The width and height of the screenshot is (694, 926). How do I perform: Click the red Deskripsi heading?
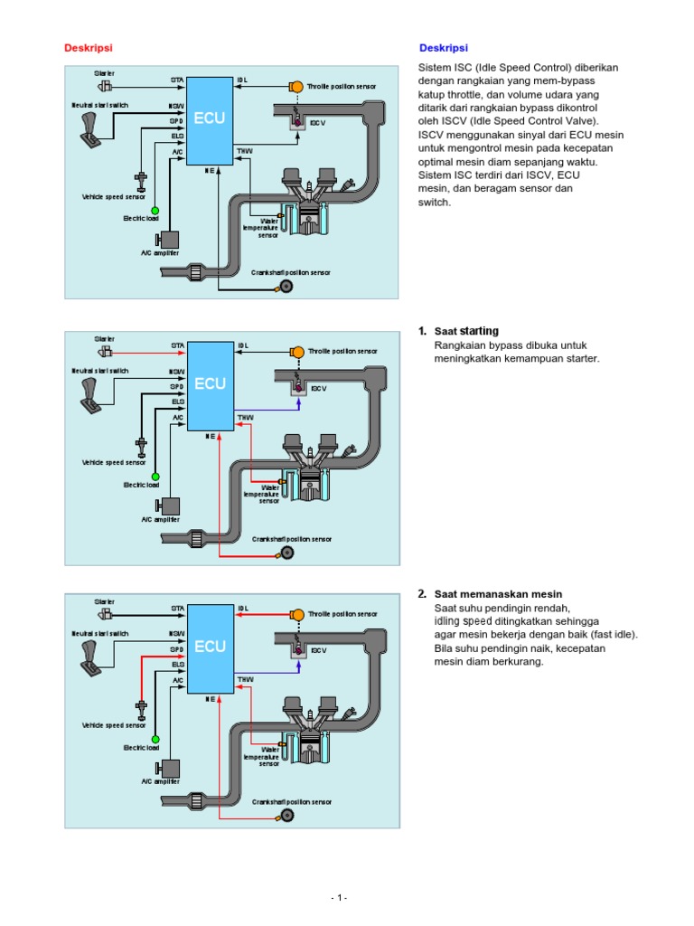coord(89,48)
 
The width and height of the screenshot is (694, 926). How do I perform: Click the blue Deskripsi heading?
coord(444,48)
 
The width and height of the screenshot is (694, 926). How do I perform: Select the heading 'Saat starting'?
coord(466,331)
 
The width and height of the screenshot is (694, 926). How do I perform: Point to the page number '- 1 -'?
coord(339,897)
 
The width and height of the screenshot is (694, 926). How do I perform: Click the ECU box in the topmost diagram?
coord(210,118)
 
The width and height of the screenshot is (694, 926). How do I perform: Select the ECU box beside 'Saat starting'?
coord(210,383)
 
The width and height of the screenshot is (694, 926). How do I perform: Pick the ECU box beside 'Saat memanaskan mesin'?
coord(210,647)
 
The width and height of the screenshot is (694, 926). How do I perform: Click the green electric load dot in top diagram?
coord(155,211)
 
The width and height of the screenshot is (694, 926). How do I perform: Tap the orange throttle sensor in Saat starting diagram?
coord(295,351)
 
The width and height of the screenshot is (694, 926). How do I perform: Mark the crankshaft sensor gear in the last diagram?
coord(286,816)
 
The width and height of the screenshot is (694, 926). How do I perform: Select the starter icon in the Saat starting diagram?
coord(106,351)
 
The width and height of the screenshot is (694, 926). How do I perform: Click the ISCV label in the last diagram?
coord(317,650)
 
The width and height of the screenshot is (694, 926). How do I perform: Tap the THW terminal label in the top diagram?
coord(245,151)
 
